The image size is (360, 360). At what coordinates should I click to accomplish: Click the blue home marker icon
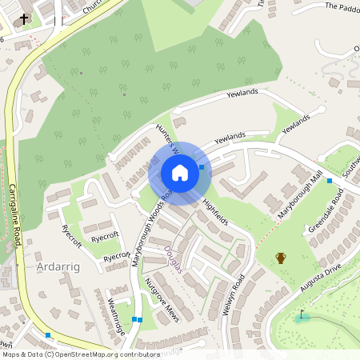click(180, 172)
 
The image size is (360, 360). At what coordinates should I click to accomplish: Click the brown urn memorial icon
click(281, 258)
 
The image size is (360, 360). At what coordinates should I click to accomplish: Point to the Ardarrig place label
click(59, 265)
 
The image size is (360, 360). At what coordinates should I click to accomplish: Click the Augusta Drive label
click(322, 277)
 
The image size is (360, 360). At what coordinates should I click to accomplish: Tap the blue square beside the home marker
click(202, 167)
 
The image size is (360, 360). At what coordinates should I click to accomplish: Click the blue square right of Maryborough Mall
click(329, 181)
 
